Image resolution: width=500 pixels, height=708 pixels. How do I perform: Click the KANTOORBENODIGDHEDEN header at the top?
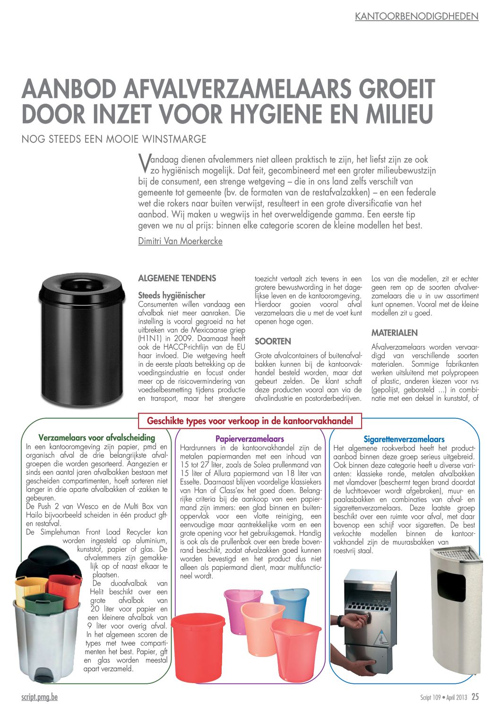pyautogui.click(x=416, y=17)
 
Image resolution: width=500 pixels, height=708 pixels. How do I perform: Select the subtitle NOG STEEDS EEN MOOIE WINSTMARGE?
pyautogui.click(x=114, y=139)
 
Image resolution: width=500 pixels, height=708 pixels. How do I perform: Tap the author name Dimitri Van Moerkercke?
pyautogui.click(x=180, y=241)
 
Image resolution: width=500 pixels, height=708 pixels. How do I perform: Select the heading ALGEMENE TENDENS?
pyautogui.click(x=177, y=278)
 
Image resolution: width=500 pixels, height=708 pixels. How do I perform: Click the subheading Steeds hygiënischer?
pyautogui.click(x=172, y=295)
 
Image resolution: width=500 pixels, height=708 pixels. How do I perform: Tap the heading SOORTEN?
pyautogui.click(x=273, y=341)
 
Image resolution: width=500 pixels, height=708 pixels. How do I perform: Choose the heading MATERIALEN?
pyautogui.click(x=394, y=333)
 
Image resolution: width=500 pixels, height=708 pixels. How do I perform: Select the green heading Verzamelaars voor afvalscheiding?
pyautogui.click(x=97, y=438)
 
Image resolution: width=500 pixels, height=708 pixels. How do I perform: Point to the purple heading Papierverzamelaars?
pyautogui.click(x=250, y=439)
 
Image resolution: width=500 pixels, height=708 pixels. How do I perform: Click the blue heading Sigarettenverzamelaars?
pyautogui.click(x=404, y=439)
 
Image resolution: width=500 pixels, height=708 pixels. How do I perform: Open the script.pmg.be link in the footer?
pyautogui.click(x=39, y=697)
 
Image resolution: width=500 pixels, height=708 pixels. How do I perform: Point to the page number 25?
pyautogui.click(x=474, y=697)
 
